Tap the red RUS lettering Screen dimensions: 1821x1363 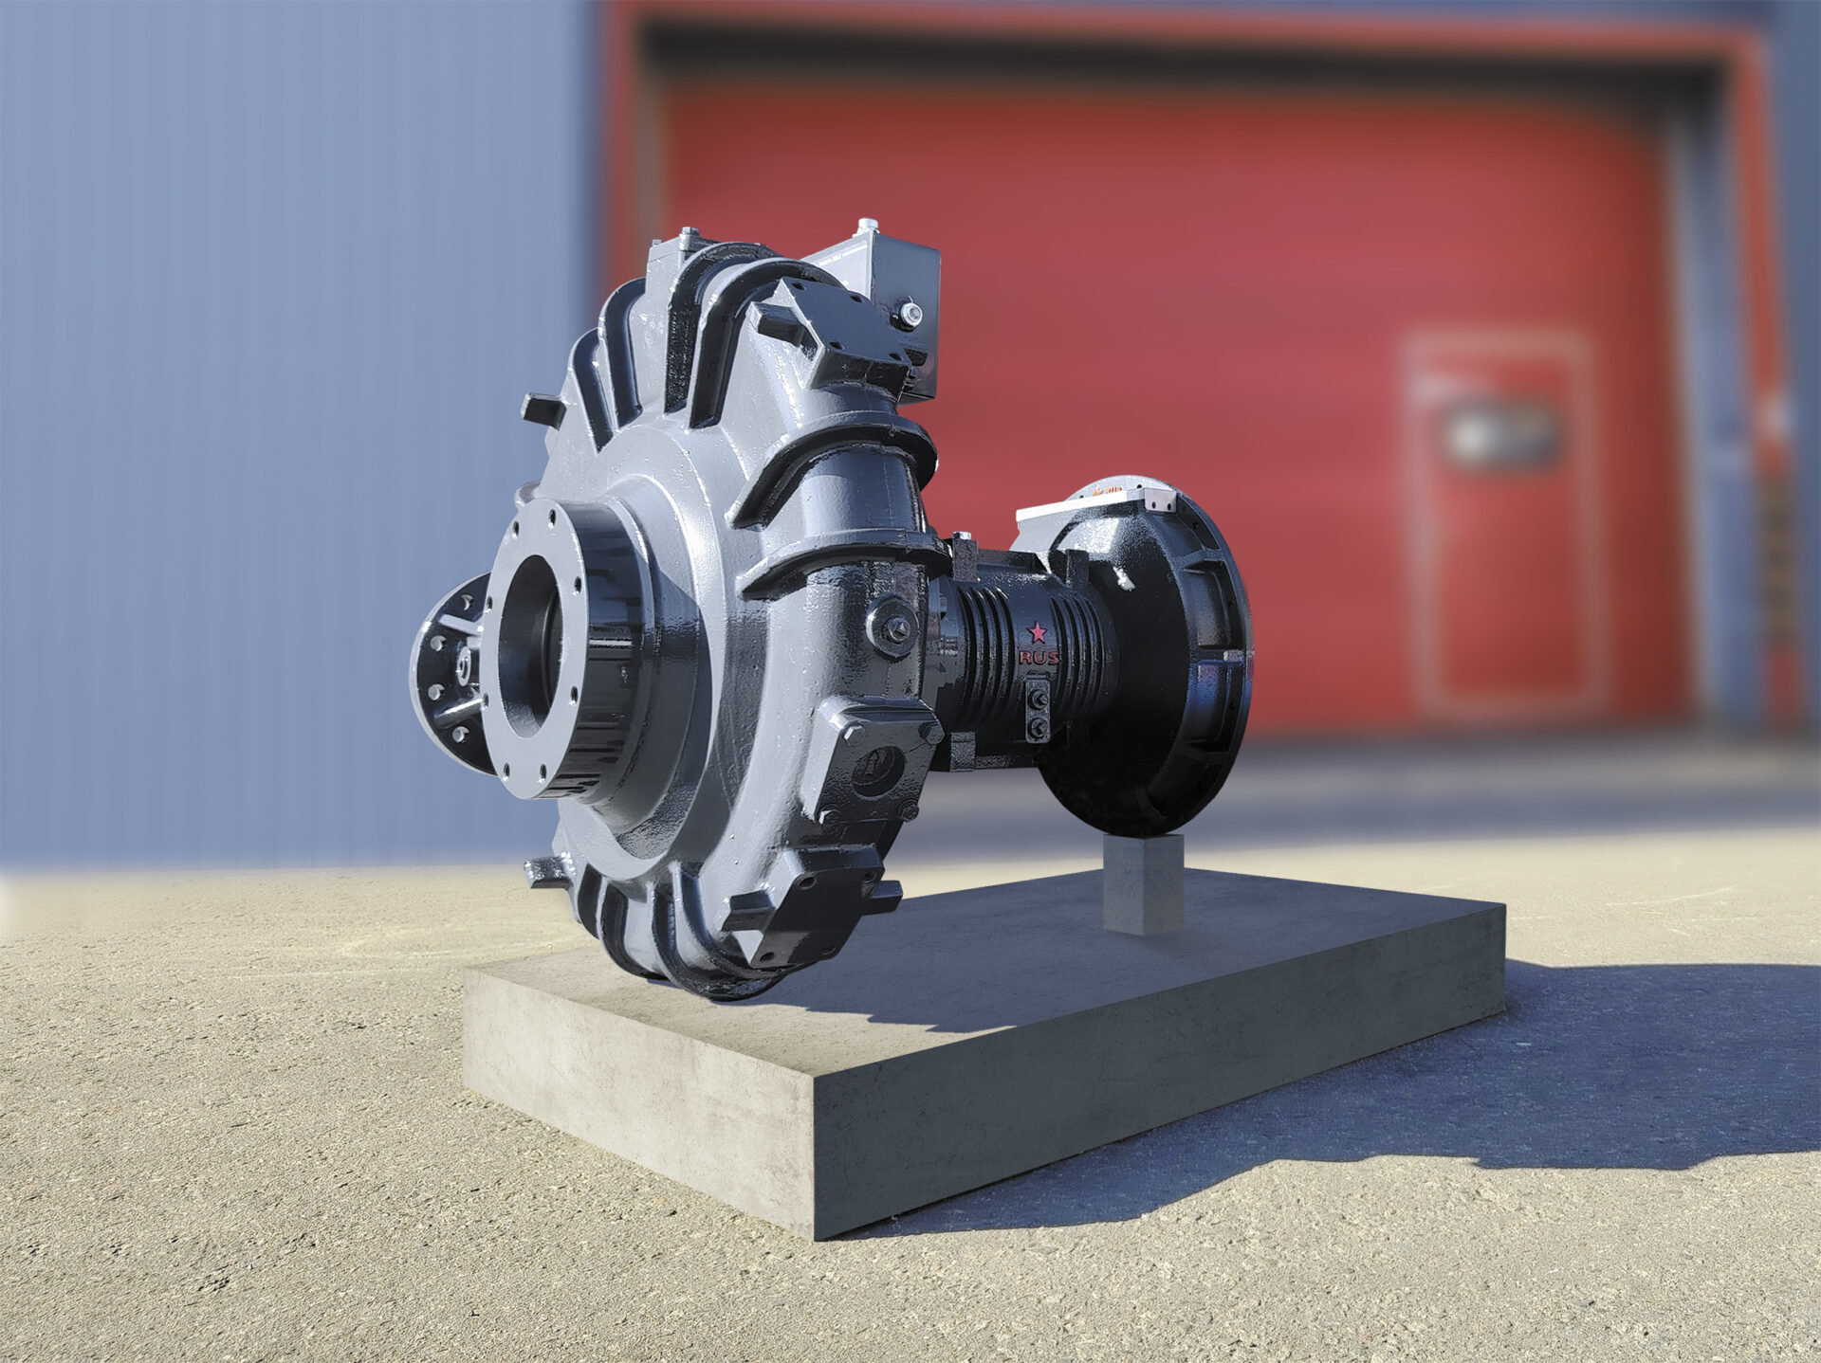pos(1039,657)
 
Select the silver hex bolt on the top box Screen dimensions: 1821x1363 pos(907,312)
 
